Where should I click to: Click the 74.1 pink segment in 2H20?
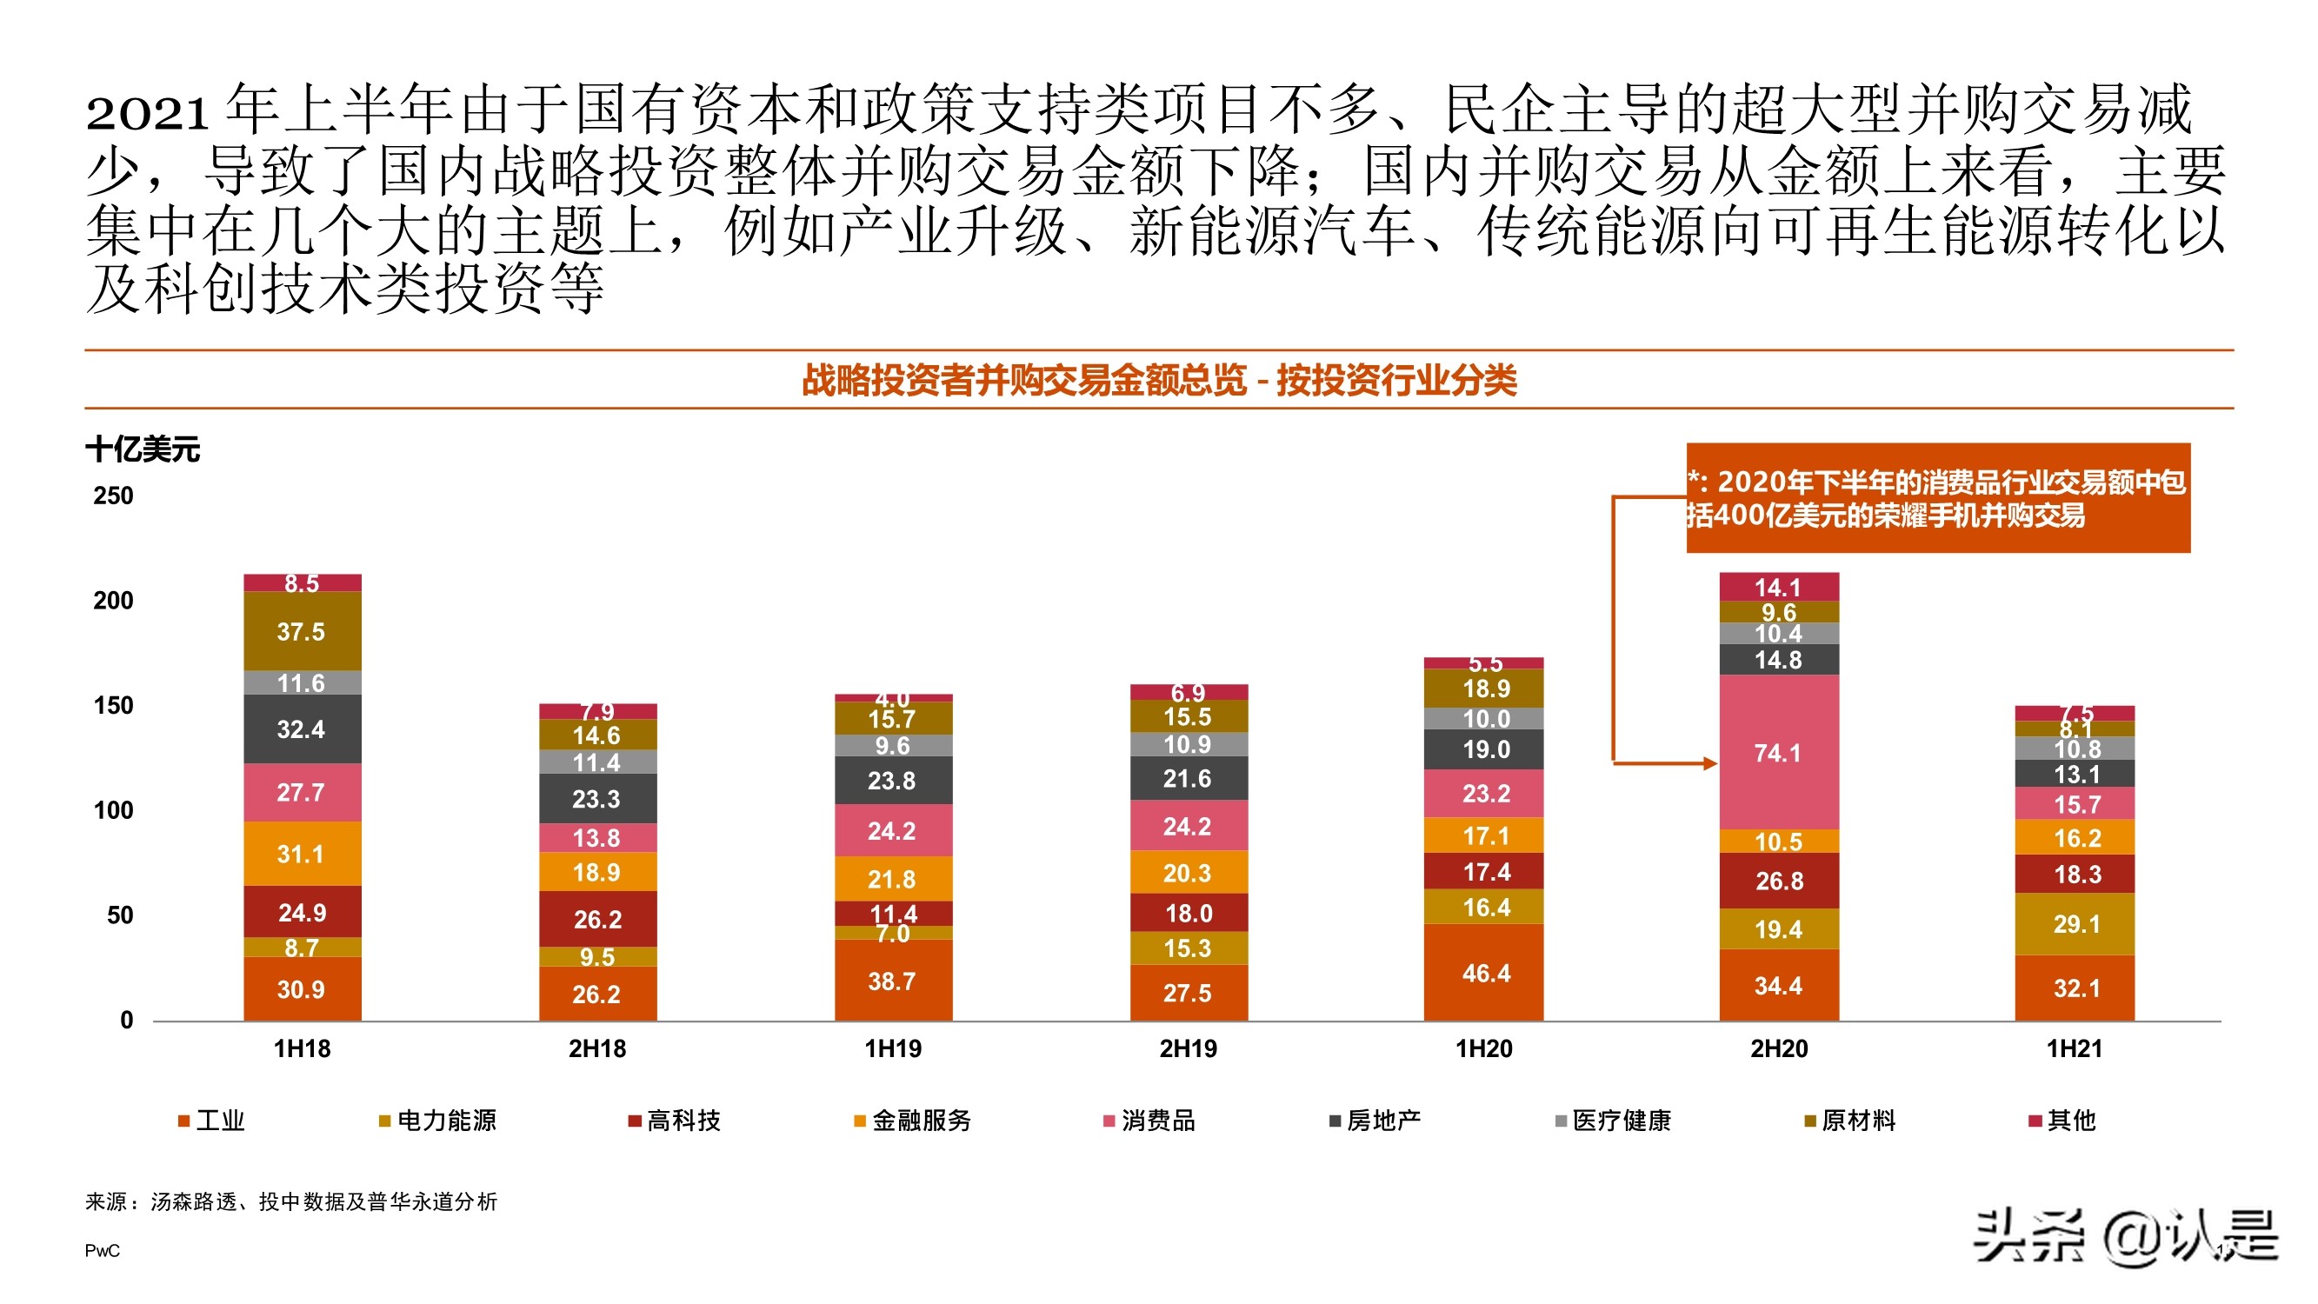pyautogui.click(x=1778, y=752)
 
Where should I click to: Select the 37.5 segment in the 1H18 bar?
pyautogui.click(x=302, y=631)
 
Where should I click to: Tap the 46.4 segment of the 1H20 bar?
pyautogui.click(x=1485, y=973)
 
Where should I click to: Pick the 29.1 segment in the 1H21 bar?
pyautogui.click(x=2075, y=924)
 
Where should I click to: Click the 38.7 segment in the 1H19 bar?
pyautogui.click(x=893, y=980)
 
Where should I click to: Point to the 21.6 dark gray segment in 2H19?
pyautogui.click(x=1188, y=778)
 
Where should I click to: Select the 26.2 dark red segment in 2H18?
pyautogui.click(x=597, y=919)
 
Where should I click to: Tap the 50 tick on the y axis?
pyautogui.click(x=120, y=915)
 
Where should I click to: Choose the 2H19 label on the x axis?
pyautogui.click(x=1188, y=1048)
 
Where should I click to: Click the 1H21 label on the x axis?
pyautogui.click(x=2075, y=1048)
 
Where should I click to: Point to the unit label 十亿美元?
pyautogui.click(x=143, y=449)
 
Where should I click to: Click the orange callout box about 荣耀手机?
pyautogui.click(x=1937, y=497)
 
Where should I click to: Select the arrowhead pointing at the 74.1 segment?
pyautogui.click(x=1709, y=763)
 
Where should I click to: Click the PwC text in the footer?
pyautogui.click(x=102, y=1251)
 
